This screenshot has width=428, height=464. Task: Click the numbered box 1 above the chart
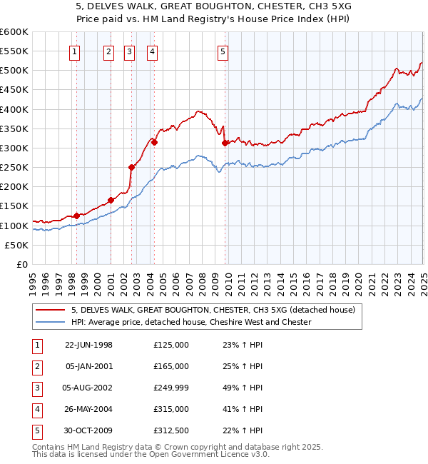(x=75, y=51)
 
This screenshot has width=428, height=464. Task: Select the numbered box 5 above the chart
(x=223, y=51)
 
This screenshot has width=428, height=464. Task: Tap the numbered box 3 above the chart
(x=129, y=51)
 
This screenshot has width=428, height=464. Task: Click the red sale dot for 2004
(x=154, y=142)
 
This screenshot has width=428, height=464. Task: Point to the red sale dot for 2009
(x=225, y=143)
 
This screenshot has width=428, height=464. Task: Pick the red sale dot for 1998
(x=77, y=216)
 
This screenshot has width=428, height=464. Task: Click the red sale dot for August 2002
(x=131, y=168)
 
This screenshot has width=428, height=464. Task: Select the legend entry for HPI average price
(x=191, y=322)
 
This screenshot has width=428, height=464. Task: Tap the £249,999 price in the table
(x=171, y=388)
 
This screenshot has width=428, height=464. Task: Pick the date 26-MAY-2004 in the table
(x=88, y=409)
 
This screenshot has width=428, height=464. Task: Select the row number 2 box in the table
(x=36, y=366)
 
